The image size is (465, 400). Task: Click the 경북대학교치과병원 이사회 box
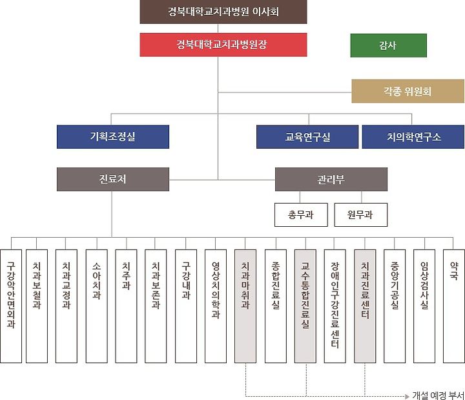(223, 12)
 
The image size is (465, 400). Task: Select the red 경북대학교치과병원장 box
(223, 45)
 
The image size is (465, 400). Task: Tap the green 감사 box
(388, 45)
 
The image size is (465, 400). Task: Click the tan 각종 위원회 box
(408, 92)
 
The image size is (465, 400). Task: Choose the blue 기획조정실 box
(113, 137)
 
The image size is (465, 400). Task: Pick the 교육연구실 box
(307, 137)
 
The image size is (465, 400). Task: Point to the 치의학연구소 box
(413, 137)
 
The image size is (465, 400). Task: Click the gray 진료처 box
(113, 179)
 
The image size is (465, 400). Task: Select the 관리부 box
(331, 179)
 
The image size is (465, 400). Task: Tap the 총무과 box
(300, 215)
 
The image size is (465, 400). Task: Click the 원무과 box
(361, 215)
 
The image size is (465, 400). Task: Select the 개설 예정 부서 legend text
(438, 394)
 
